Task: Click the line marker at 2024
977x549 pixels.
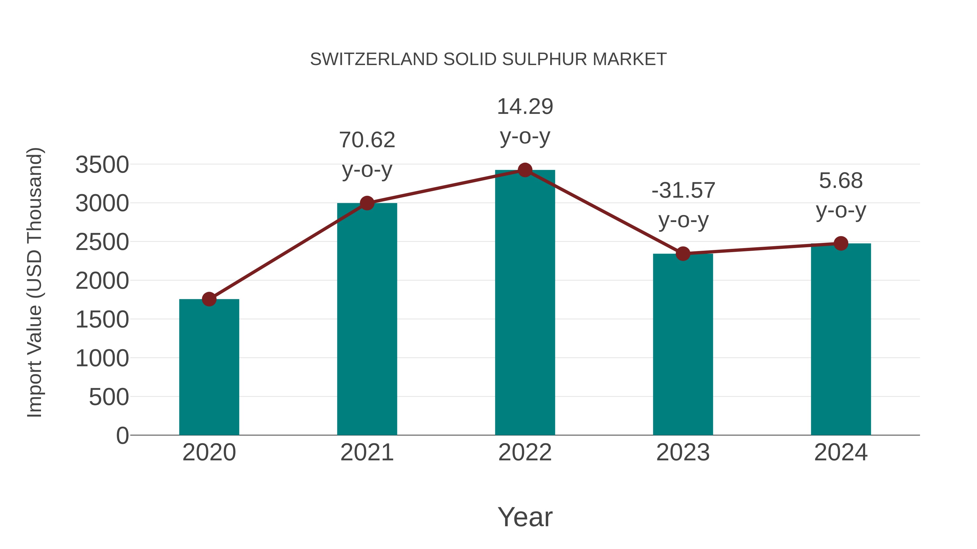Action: (841, 243)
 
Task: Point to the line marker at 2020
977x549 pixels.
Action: (209, 299)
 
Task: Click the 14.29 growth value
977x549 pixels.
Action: (525, 107)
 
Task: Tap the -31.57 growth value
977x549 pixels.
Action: (683, 190)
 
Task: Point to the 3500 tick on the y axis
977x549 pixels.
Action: (102, 165)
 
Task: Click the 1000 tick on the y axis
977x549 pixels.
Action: (102, 358)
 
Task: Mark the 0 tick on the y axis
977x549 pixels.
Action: (122, 435)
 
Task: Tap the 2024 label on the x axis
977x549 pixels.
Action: (841, 452)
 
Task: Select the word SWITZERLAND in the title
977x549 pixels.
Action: (374, 59)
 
